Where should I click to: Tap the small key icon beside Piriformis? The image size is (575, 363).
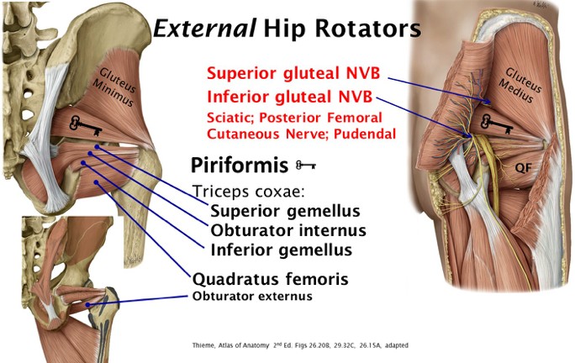tap(306, 164)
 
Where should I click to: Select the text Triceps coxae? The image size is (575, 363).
tap(239, 190)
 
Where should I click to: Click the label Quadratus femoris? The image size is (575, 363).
tap(271, 278)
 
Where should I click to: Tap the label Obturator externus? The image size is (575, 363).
tap(252, 296)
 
